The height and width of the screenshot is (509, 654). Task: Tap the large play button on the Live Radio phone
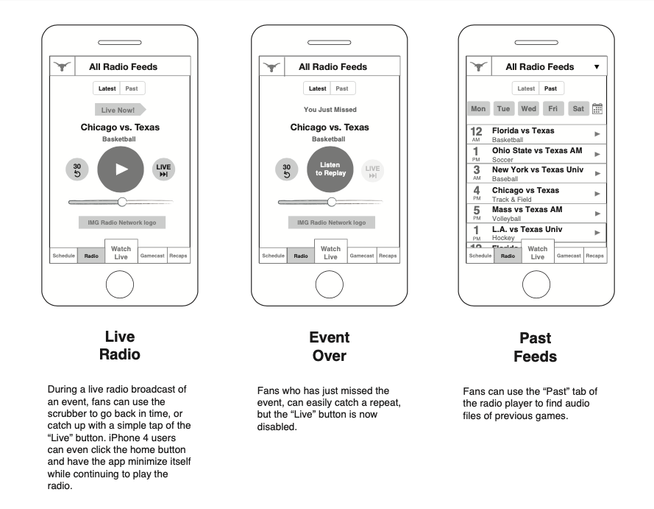[x=121, y=169]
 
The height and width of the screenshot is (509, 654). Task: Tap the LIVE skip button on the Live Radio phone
[x=163, y=170]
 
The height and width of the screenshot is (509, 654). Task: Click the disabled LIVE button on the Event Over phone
[x=372, y=171]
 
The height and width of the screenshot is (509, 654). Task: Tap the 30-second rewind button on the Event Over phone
[x=287, y=170]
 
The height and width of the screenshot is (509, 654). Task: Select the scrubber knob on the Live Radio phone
[x=122, y=201]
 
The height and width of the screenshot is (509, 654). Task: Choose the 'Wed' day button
[x=528, y=109]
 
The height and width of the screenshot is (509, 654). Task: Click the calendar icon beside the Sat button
[x=597, y=109]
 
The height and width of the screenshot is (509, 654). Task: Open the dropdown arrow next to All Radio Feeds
[x=597, y=67]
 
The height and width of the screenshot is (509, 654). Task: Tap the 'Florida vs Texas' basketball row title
[x=523, y=131]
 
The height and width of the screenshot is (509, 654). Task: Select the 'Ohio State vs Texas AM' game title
[x=536, y=150]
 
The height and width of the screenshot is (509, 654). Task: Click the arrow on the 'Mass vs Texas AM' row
[x=597, y=213]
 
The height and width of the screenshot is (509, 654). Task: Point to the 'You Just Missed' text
[x=330, y=110]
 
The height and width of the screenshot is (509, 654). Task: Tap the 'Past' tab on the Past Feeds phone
[x=550, y=88]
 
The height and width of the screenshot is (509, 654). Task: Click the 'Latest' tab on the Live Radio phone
[x=107, y=88]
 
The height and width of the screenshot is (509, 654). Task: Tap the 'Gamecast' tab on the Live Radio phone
[x=152, y=256]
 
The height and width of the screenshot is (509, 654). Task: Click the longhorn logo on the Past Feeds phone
[x=478, y=67]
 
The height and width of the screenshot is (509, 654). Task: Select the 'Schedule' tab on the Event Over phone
[x=273, y=256]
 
